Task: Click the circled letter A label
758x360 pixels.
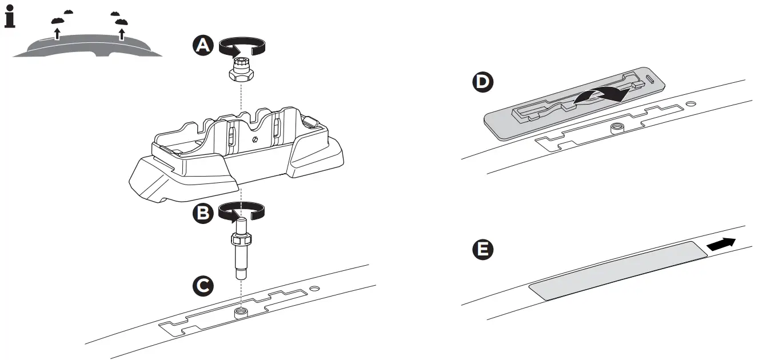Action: click(202, 45)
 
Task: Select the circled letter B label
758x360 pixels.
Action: click(202, 213)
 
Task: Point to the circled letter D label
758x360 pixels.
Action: click(483, 82)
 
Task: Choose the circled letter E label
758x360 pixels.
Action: click(483, 249)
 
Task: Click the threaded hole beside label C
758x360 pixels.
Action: click(241, 311)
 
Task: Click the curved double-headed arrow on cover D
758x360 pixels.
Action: click(597, 97)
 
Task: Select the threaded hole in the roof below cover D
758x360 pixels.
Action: click(617, 127)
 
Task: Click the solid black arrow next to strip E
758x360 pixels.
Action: click(721, 244)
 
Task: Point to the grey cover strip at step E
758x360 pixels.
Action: click(617, 270)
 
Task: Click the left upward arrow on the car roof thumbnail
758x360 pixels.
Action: click(57, 33)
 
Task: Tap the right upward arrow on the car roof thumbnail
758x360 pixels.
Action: click(121, 34)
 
